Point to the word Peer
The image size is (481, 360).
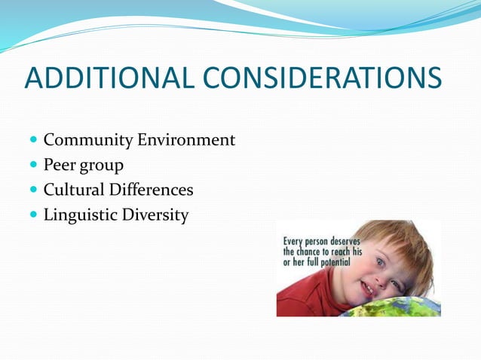pos(60,165)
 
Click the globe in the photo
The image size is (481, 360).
pos(392,307)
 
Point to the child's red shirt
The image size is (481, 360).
pos(302,297)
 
